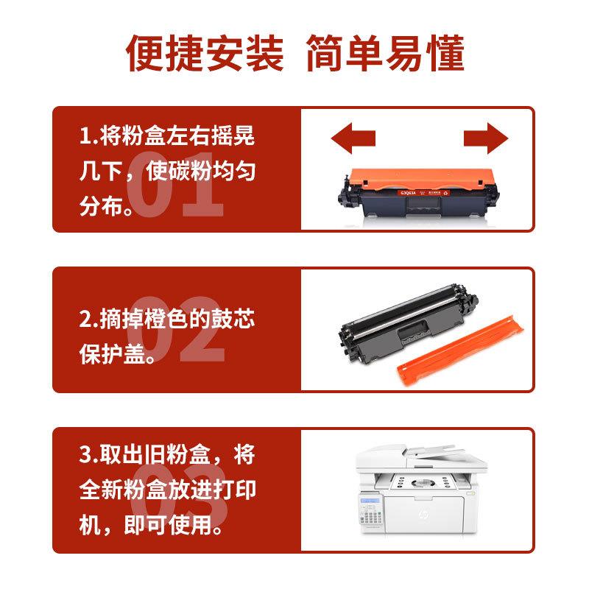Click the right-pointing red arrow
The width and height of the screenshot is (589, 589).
pos(486,138)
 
